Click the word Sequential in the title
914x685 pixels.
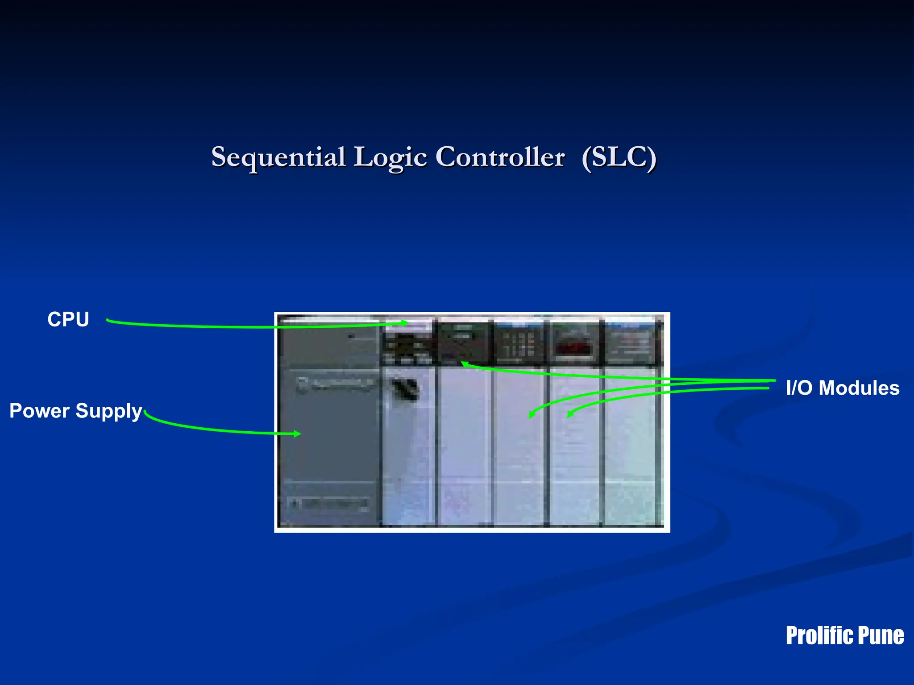278,157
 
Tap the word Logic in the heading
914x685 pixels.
391,157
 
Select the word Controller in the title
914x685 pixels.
500,157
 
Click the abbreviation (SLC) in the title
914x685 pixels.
619,157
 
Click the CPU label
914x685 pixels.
68,319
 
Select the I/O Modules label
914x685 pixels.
843,388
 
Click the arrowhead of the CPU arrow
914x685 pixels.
405,323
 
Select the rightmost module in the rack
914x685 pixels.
631,424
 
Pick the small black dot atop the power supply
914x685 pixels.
351,336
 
